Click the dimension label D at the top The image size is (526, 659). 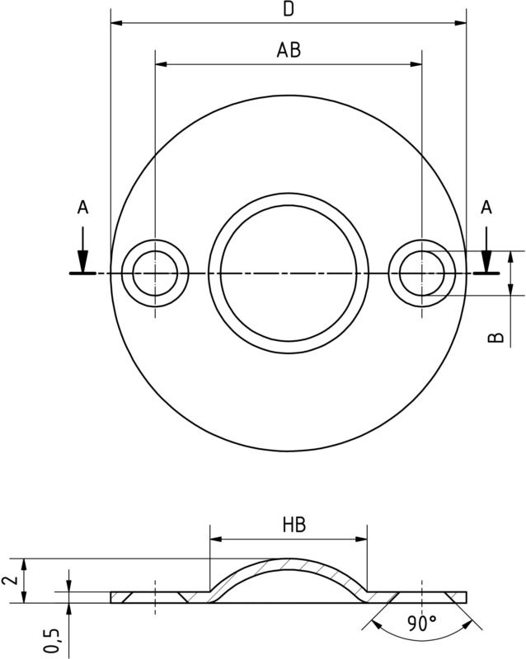click(289, 8)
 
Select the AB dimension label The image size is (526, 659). click(289, 49)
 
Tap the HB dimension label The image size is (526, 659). click(294, 525)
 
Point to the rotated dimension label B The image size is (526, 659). click(496, 338)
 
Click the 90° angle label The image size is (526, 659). click(422, 624)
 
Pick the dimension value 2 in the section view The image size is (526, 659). click(10, 581)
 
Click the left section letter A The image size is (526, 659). click(83, 207)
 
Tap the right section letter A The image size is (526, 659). click(486, 207)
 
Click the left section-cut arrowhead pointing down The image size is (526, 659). click(83, 261)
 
